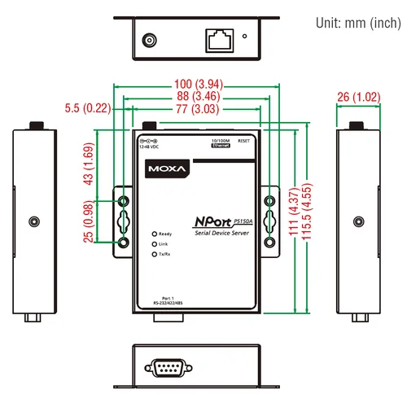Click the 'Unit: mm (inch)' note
[356, 22]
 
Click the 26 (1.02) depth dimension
[358, 98]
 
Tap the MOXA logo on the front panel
[168, 169]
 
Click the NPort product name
[213, 221]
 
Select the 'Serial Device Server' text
[223, 234]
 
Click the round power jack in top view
[150, 38]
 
